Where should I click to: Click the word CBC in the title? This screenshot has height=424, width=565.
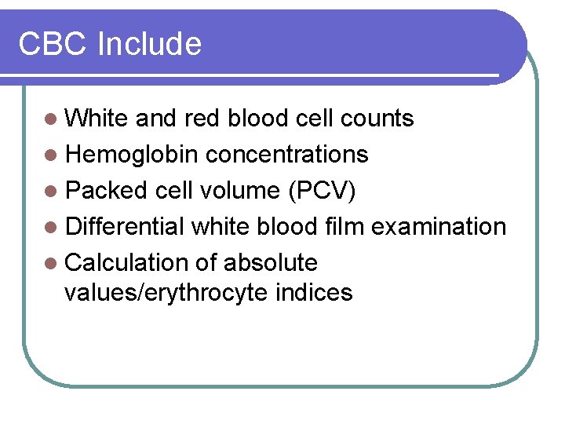coord(53,44)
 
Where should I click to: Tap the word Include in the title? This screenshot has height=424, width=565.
coord(149,44)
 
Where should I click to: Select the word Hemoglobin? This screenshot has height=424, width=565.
coord(132,155)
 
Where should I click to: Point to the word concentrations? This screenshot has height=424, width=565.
coord(287,155)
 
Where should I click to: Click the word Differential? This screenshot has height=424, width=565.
coord(126,227)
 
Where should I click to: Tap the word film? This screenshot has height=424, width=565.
coord(344,227)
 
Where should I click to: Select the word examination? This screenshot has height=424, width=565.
coord(439,227)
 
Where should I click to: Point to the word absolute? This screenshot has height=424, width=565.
coord(271,263)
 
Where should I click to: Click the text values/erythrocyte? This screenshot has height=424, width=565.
coord(166,294)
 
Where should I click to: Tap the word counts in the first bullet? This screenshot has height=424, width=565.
coord(377,119)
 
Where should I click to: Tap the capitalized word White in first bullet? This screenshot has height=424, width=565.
coord(97,119)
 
